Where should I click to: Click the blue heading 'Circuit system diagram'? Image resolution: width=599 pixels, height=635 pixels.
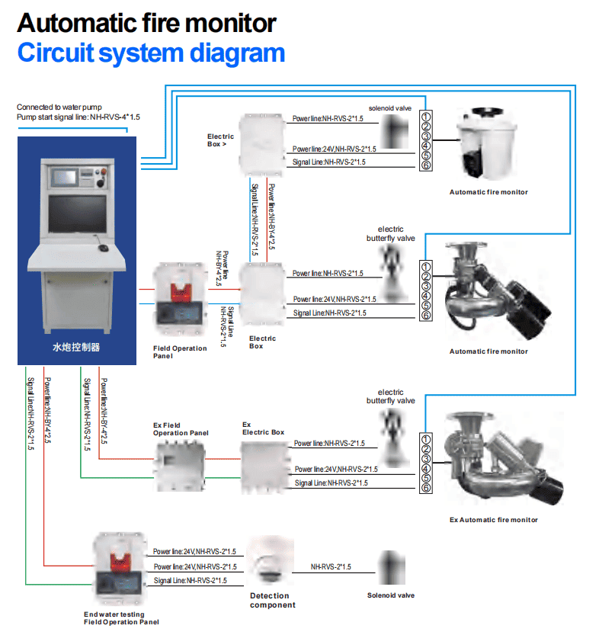coord(151,53)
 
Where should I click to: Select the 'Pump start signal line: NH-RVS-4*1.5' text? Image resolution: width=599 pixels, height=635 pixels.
coord(78,117)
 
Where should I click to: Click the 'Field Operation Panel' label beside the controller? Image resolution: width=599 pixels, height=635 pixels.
coord(180,352)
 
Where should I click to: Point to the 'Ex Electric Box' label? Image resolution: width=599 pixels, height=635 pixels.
coord(263,428)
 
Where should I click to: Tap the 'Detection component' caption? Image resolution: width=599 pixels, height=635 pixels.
coord(270,600)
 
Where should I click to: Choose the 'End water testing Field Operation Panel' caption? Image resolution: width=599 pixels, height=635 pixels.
coord(121,617)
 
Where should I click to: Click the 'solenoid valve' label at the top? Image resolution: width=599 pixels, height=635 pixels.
coord(389,108)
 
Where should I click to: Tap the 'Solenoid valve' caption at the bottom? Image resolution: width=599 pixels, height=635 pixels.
coord(391,595)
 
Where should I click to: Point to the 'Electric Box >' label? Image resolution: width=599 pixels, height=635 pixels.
coord(220,140)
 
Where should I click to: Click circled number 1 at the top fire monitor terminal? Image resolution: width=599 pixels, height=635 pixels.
coord(427,117)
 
